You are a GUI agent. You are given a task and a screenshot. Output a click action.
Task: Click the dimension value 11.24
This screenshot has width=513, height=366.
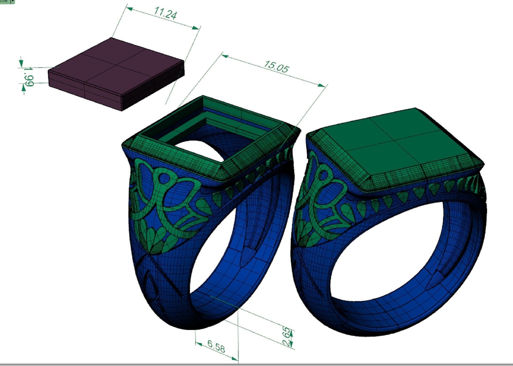(165, 13)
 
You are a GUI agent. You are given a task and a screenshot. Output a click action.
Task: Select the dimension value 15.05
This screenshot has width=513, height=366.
(276, 67)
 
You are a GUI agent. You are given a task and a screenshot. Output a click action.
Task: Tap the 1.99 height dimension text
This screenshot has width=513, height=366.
(29, 77)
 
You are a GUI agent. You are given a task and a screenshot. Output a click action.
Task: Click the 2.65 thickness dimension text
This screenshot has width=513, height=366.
(286, 337)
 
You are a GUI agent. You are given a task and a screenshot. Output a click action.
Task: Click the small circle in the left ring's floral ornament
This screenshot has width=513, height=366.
(164, 177)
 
